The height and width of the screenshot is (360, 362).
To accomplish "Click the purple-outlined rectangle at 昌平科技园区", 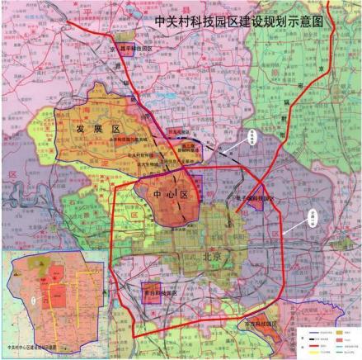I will (x=125, y=37).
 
